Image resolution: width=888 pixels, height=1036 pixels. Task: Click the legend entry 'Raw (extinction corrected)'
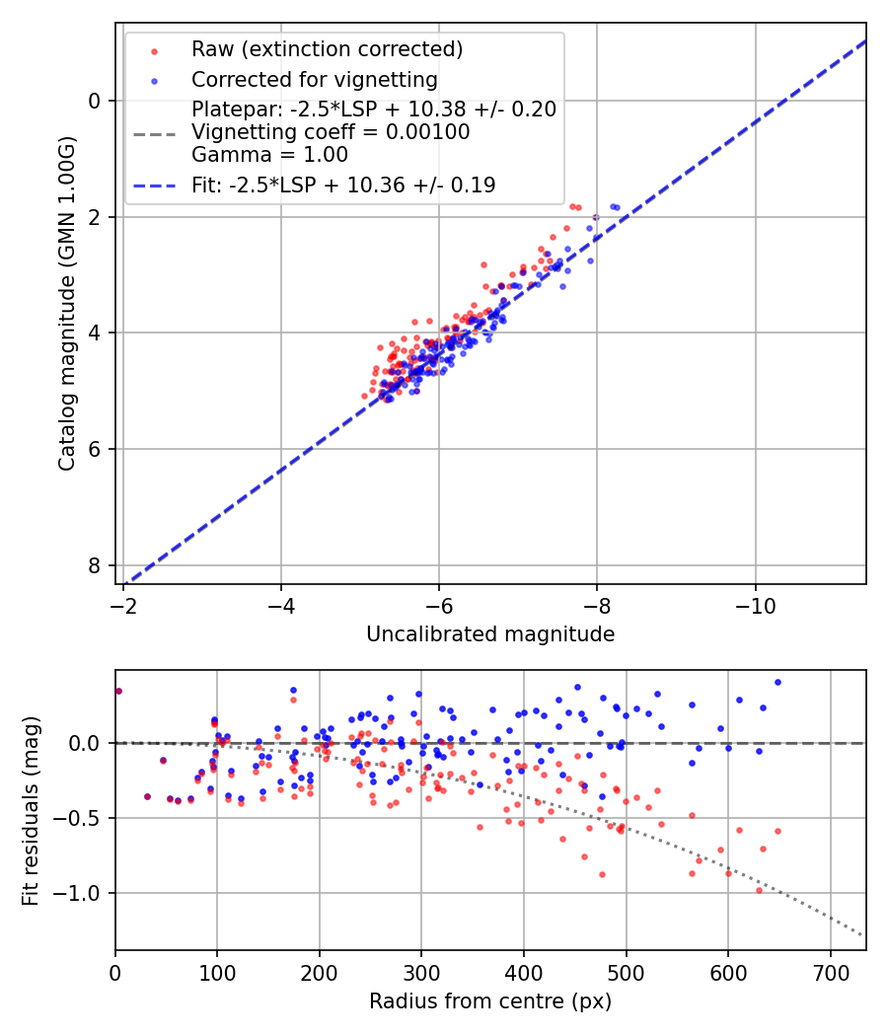click(x=327, y=49)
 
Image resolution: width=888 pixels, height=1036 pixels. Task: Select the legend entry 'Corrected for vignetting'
click(x=315, y=79)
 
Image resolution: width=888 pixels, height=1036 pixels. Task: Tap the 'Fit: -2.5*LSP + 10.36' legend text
click(x=343, y=185)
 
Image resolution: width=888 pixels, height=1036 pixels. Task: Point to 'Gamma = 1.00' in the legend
click(x=269, y=154)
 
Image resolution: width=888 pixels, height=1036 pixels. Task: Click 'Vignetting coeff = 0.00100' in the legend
click(x=331, y=132)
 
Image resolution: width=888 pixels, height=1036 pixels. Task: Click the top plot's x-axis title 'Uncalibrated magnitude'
click(x=490, y=634)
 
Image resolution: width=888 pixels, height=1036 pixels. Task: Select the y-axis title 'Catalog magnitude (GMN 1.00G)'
click(x=66, y=305)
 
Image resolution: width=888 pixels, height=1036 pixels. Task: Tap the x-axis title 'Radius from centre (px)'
click(x=490, y=1001)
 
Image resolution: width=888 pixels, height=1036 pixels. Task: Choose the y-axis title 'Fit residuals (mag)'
click(x=31, y=810)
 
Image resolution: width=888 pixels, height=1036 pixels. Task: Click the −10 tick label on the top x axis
click(x=755, y=601)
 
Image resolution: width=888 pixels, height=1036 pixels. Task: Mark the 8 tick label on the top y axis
click(x=95, y=565)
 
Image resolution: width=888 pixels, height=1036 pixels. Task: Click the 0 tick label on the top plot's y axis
click(x=95, y=101)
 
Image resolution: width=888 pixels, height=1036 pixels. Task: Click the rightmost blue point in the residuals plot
click(x=777, y=682)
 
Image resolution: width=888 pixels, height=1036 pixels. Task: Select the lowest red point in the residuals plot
click(x=759, y=890)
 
